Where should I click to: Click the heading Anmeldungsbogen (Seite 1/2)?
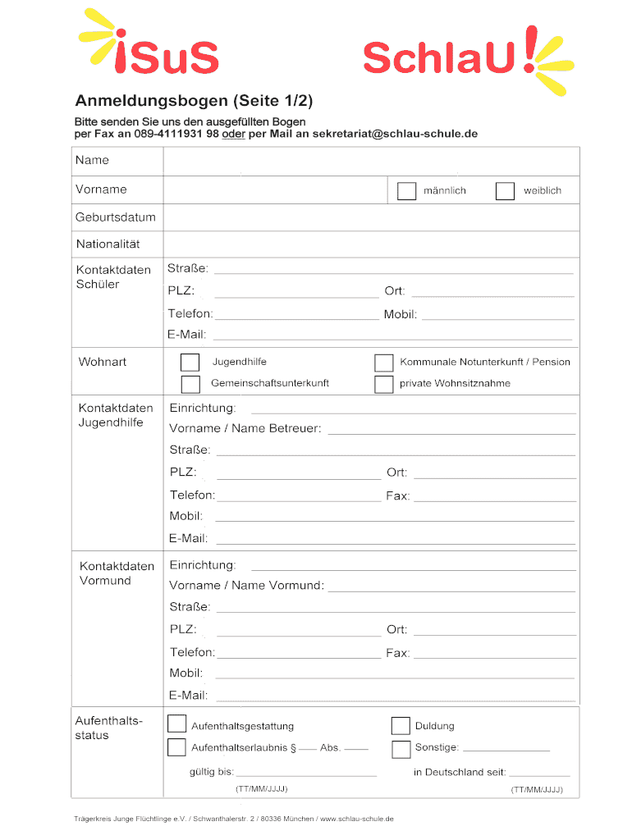[x=194, y=102]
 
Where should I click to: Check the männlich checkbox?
[x=407, y=191]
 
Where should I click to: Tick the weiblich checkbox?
[x=506, y=191]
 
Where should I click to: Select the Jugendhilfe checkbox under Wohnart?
[x=190, y=363]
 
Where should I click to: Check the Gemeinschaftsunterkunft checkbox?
[x=190, y=384]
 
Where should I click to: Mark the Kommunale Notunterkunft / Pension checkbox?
[x=383, y=363]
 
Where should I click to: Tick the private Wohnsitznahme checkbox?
[x=383, y=384]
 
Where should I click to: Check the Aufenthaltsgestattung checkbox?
[x=176, y=724]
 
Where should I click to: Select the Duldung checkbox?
[x=401, y=725]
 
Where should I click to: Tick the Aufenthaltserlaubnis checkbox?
[x=176, y=747]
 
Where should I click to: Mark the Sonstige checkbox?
[x=401, y=748]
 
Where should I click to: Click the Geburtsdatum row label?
[x=116, y=217]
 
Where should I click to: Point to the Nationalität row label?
[x=108, y=244]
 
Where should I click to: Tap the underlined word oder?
[x=235, y=134]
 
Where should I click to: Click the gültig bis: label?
[x=212, y=772]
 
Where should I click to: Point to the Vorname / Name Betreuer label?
[x=245, y=428]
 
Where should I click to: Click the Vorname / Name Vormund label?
[x=247, y=585]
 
